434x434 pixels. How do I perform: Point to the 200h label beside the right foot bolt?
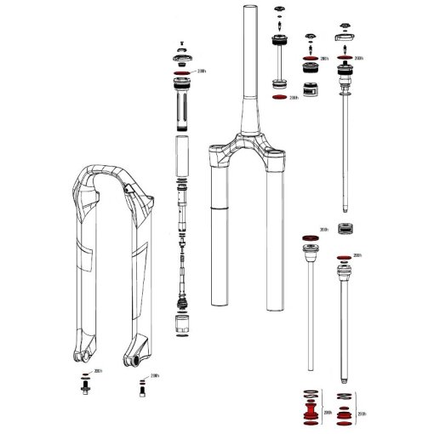click(154, 375)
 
